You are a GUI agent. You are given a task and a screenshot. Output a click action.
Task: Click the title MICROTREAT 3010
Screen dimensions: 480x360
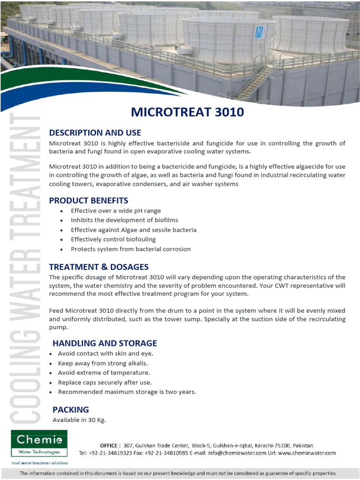coord(187,112)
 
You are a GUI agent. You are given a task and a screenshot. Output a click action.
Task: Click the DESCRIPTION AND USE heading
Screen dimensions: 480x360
coord(95,133)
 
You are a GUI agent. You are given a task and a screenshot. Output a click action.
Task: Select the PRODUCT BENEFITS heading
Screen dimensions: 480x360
coord(88,201)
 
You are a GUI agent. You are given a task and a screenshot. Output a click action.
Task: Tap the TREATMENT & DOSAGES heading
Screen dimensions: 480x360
coord(98,267)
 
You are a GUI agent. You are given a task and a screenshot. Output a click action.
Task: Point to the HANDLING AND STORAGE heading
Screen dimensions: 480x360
coord(105,343)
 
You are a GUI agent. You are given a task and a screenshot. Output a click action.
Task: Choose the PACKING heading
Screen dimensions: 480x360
coord(70,410)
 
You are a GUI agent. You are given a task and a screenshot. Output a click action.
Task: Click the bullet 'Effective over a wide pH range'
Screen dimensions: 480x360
coord(115,211)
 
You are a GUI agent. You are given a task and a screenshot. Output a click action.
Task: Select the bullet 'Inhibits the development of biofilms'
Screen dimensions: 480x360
coord(124,220)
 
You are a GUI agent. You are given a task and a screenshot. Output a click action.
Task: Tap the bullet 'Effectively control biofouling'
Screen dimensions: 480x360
coord(113,240)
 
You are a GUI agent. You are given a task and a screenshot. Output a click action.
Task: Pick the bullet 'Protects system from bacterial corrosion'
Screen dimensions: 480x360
coord(130,249)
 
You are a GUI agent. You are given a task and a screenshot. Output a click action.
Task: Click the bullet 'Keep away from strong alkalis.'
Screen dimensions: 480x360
coord(103,363)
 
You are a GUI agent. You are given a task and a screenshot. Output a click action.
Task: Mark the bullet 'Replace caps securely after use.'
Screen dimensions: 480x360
coord(105,382)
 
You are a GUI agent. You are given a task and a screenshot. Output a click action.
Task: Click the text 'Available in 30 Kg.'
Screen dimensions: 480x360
coord(79,420)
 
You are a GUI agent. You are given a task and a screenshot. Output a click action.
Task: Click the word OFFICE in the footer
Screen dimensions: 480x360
coord(110,445)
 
